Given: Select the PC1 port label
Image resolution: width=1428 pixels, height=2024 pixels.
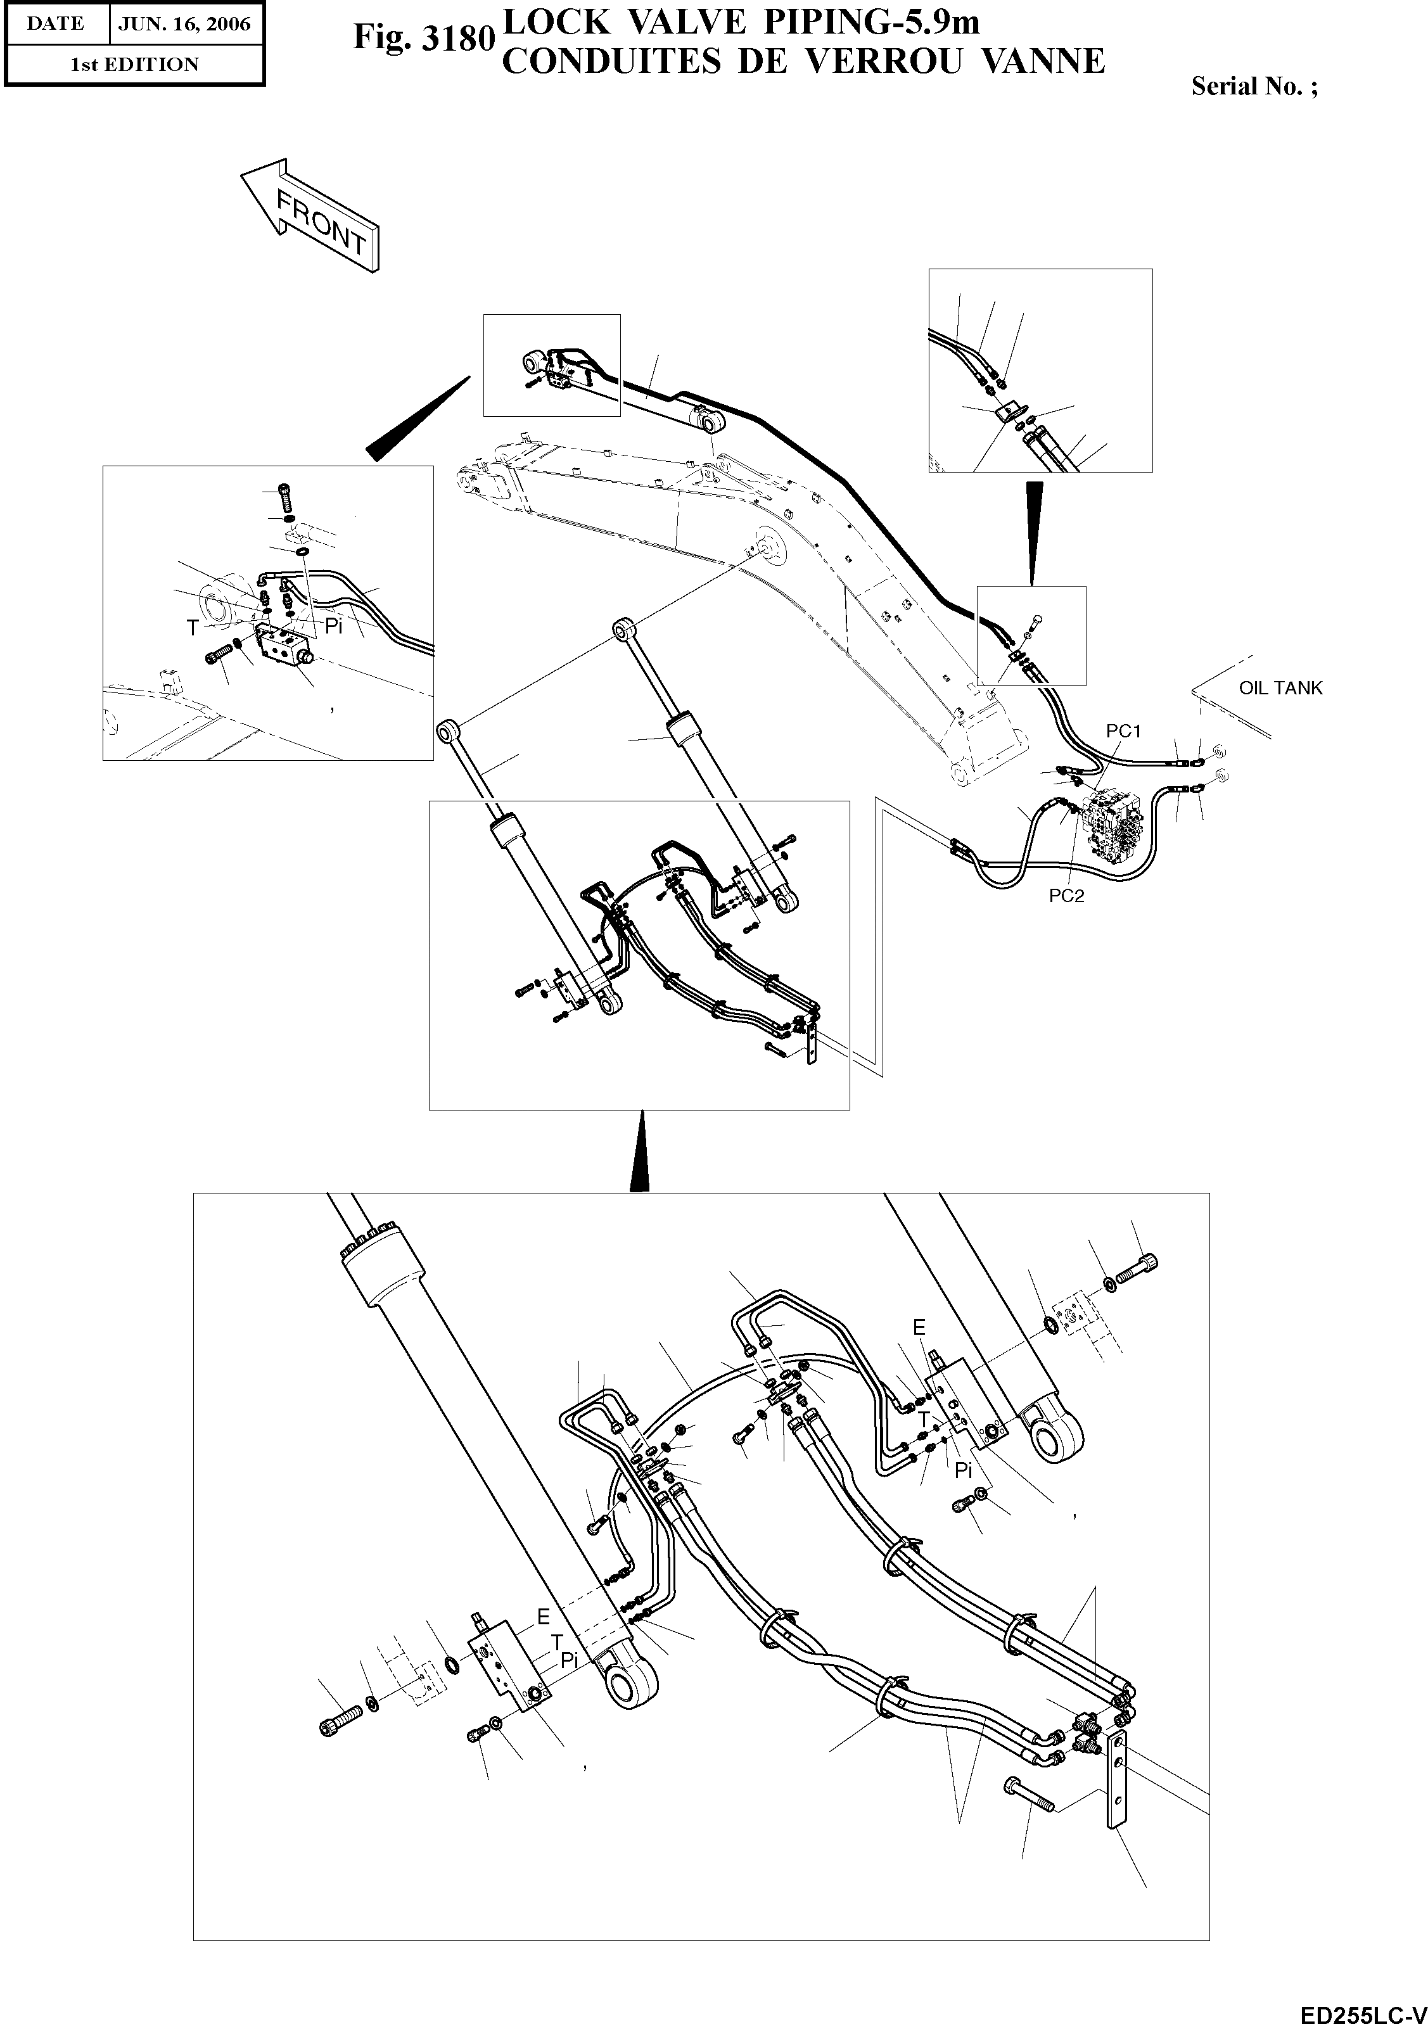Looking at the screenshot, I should click(x=1123, y=731).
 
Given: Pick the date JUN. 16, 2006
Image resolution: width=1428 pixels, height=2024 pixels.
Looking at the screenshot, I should click(x=184, y=24).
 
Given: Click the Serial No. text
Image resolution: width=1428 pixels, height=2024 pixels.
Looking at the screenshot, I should click(x=1254, y=86).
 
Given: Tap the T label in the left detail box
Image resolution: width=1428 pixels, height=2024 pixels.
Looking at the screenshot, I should click(x=192, y=628).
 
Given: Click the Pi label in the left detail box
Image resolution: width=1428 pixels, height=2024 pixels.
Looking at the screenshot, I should click(x=333, y=627).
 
